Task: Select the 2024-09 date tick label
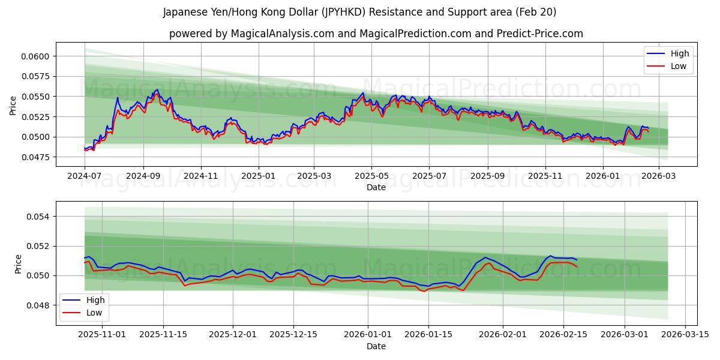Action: (x=143, y=176)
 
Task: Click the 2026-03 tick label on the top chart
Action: (x=659, y=176)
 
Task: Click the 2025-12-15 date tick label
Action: (x=293, y=334)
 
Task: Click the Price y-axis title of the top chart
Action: (x=13, y=106)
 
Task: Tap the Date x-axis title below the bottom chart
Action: (x=376, y=346)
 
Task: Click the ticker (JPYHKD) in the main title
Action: (x=344, y=12)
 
